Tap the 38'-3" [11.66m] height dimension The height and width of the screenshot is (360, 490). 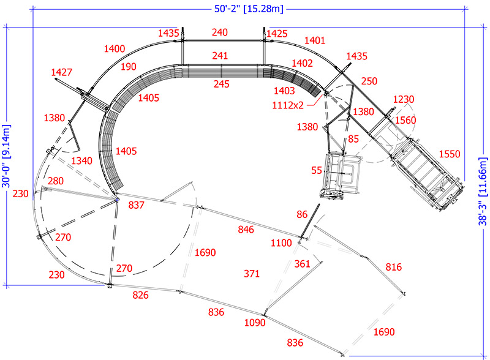482,191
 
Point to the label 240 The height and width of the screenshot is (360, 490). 220,32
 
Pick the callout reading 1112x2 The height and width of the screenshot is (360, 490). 288,105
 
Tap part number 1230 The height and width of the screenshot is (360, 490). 404,99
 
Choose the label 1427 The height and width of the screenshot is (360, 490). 61,72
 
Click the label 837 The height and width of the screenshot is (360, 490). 136,205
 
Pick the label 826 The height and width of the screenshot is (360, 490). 141,295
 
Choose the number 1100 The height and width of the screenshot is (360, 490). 281,243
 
